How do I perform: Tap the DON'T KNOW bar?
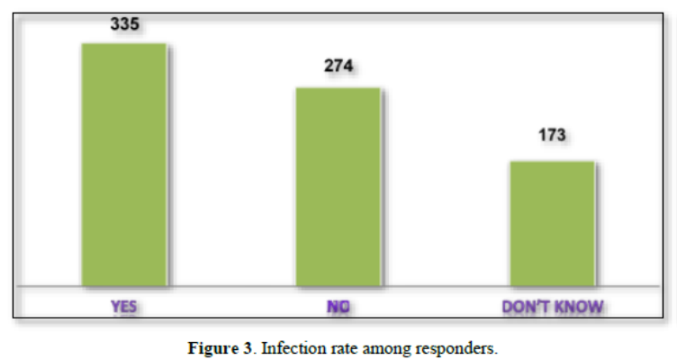(x=552, y=224)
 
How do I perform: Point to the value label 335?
(x=124, y=23)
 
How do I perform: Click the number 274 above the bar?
(x=338, y=67)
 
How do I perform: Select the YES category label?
(x=123, y=305)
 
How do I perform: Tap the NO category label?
(x=338, y=306)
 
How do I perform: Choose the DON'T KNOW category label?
(x=552, y=306)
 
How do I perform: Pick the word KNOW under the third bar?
(x=577, y=306)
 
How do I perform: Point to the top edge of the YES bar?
(x=123, y=43)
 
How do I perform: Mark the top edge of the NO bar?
(x=338, y=88)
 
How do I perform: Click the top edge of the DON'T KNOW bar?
(x=552, y=162)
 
